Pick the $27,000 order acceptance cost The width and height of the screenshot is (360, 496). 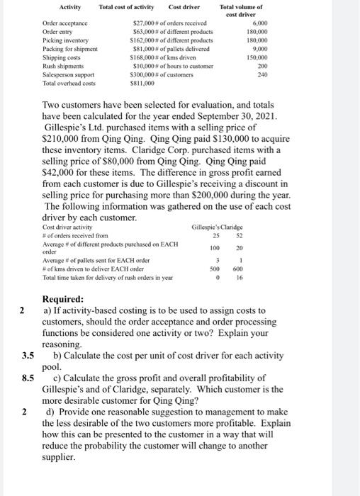[x=145, y=23]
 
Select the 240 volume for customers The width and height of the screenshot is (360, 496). [x=263, y=74]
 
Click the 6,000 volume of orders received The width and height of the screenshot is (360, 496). [x=260, y=23]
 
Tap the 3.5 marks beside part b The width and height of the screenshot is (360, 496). [x=28, y=356]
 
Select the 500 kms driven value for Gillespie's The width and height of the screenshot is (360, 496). [x=234, y=269]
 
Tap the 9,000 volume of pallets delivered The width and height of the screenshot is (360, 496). [x=260, y=49]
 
